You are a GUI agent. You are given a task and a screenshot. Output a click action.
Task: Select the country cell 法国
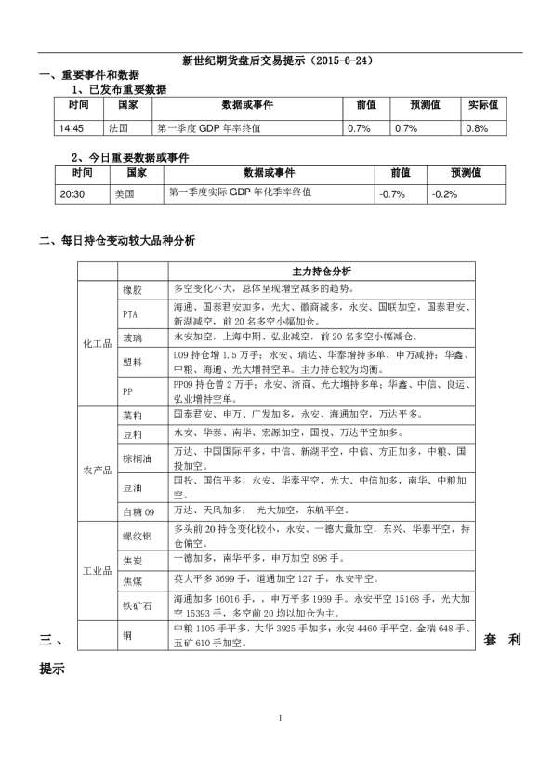(118, 128)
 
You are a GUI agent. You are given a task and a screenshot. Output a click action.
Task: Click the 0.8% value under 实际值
(476, 128)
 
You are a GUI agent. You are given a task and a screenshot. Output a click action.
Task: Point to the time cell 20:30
(72, 194)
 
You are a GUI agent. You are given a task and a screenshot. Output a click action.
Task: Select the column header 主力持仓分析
(321, 272)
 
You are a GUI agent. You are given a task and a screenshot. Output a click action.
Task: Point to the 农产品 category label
(98, 471)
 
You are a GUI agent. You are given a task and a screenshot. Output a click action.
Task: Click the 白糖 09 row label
(138, 511)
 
